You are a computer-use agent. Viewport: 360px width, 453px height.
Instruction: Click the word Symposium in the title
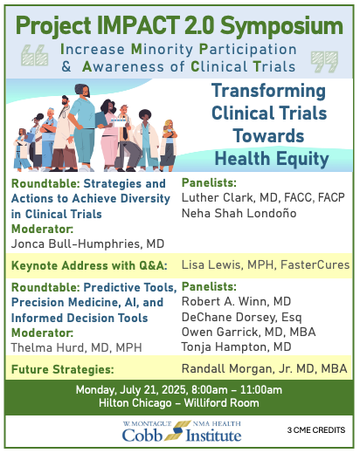281,27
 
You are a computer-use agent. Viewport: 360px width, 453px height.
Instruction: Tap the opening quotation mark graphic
35,55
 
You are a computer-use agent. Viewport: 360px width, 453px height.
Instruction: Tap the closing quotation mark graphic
324,62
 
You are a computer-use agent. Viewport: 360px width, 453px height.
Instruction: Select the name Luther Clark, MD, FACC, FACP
263,197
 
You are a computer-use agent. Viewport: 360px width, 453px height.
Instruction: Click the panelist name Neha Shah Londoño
239,213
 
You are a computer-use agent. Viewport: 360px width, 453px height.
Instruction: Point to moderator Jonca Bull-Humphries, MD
87,244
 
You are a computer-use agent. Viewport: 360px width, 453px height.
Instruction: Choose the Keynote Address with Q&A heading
89,266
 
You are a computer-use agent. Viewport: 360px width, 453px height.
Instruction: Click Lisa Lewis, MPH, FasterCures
266,265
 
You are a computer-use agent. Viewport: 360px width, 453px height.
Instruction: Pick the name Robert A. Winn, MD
236,301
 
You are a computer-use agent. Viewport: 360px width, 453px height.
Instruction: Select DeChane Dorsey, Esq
241,317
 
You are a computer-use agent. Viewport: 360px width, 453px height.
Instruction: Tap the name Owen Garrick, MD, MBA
248,332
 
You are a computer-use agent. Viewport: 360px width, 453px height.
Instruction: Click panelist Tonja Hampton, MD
236,347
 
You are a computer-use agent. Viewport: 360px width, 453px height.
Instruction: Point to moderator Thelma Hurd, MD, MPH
76,347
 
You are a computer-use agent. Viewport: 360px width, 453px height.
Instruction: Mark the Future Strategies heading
62,369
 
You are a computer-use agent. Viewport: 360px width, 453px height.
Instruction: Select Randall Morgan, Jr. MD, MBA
264,368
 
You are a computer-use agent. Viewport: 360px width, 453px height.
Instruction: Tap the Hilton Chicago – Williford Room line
179,403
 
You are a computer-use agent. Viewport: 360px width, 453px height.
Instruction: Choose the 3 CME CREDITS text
316,430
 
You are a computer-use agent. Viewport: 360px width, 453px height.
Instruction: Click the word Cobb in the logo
142,436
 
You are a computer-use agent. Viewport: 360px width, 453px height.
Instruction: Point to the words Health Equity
272,159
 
